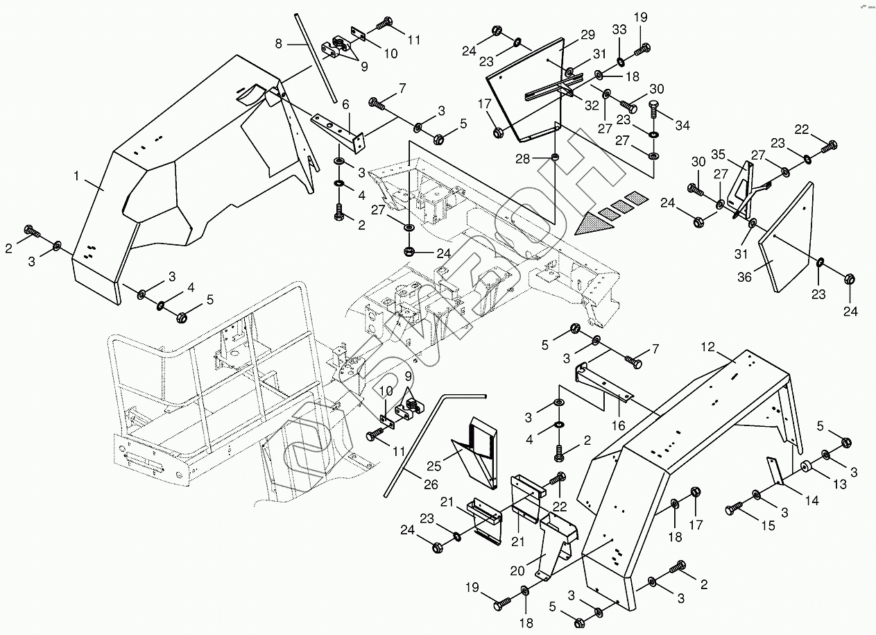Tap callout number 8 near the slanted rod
278,44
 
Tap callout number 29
587,35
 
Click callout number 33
619,31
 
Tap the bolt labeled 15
732,511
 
